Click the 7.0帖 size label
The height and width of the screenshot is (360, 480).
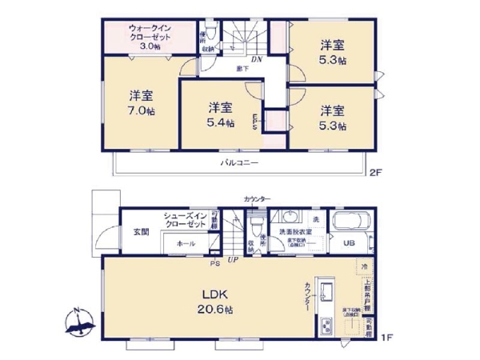click(x=139, y=110)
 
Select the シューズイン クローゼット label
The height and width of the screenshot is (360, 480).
click(x=185, y=221)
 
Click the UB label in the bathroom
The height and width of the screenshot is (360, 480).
click(x=349, y=243)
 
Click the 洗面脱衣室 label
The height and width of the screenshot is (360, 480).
click(x=297, y=231)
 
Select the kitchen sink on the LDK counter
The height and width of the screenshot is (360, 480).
click(x=326, y=293)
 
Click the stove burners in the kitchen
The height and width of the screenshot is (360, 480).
click(x=326, y=327)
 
